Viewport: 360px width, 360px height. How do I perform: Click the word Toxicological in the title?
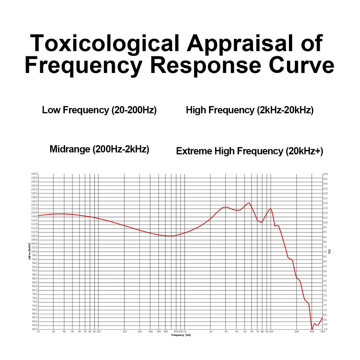105,44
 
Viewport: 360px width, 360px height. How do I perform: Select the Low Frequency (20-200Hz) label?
99,110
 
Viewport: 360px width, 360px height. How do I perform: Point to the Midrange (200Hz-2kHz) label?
99,149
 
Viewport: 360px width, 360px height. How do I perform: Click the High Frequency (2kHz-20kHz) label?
250,110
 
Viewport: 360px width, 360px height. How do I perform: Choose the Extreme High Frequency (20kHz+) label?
249,151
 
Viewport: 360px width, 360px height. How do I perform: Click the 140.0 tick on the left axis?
34,174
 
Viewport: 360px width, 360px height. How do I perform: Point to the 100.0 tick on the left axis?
34,251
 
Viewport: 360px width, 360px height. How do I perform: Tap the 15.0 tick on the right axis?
325,174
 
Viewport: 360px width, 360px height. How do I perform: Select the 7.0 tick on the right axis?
325,252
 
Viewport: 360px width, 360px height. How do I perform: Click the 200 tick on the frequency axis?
124,332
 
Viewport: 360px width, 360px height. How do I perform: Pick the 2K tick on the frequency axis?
210,332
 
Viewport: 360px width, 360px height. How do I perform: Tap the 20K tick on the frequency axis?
297,332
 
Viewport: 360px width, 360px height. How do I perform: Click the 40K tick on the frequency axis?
323,332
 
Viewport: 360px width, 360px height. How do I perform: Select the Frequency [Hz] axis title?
181,335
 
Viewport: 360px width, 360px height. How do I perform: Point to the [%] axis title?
330,251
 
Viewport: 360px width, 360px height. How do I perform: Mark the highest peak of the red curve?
249,203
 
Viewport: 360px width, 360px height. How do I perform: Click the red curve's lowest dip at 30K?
312,329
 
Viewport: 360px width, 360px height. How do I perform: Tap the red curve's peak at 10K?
271,208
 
